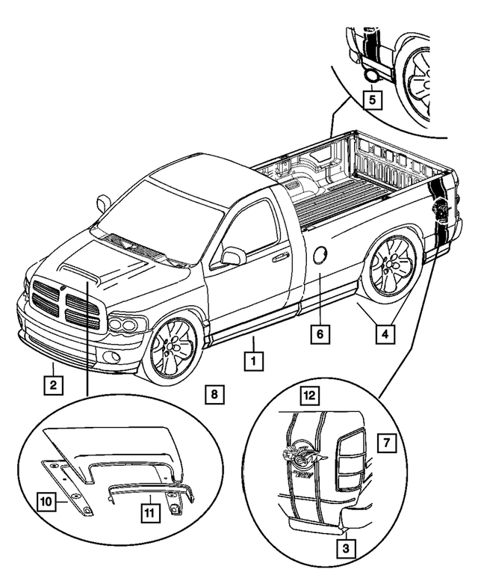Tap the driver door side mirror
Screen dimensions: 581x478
[233, 256]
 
